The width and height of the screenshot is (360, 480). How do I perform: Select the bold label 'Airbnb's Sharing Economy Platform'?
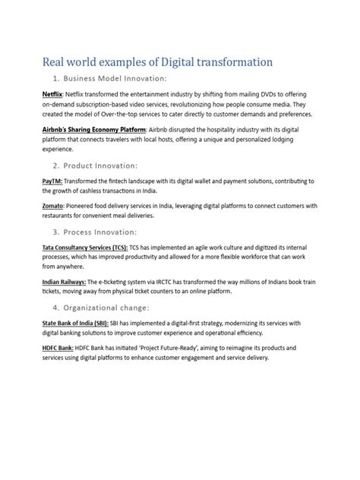point(93,131)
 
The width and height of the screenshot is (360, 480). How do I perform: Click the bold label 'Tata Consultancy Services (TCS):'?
point(84,248)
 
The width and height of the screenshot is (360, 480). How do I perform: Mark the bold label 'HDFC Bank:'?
point(59,348)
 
